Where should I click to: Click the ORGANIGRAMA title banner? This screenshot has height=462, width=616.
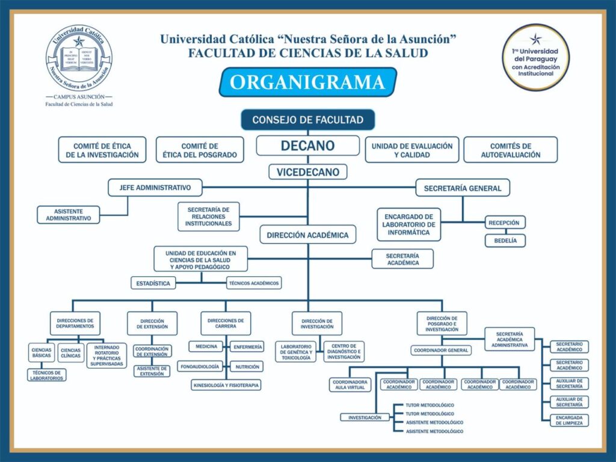[x=307, y=82]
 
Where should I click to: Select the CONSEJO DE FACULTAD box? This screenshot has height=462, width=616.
[x=307, y=120]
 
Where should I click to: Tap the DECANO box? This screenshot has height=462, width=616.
[x=307, y=146]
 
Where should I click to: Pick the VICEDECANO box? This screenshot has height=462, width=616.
[x=307, y=172]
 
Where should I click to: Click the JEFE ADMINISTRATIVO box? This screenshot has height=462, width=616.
[x=155, y=188]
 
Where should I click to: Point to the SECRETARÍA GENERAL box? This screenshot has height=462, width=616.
[x=463, y=188]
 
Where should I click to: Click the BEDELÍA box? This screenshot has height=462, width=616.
[x=505, y=241]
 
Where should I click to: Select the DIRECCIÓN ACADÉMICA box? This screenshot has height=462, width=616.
[x=307, y=235]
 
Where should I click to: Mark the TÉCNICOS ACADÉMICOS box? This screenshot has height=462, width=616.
[x=254, y=283]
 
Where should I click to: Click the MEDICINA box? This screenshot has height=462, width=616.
[x=206, y=346]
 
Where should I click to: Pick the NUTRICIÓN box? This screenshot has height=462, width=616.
[x=247, y=366]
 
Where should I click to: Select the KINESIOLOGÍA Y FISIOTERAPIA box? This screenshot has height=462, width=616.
[x=227, y=384]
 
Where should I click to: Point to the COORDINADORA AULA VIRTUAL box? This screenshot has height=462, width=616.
[x=350, y=384]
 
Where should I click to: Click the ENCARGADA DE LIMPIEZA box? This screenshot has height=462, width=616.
[x=569, y=420]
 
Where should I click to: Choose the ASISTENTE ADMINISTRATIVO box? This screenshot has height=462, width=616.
[x=69, y=215]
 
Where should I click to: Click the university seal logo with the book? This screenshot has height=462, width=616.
[x=79, y=59]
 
